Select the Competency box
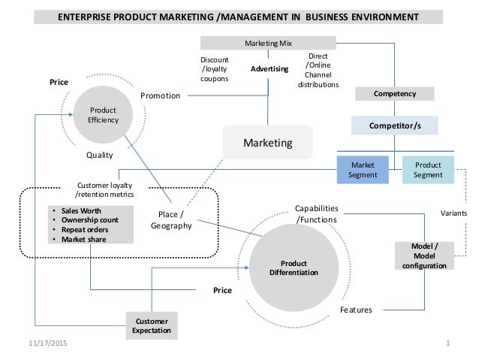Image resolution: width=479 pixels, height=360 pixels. [x=405, y=93]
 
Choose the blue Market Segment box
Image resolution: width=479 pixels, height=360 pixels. [x=363, y=171]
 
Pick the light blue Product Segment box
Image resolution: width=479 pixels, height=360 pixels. [x=429, y=171]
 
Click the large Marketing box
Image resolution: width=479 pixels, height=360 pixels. [x=268, y=141]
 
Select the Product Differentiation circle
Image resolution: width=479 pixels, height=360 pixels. [x=294, y=268]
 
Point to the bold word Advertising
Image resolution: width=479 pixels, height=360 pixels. [x=270, y=69]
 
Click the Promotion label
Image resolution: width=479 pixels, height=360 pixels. [x=161, y=96]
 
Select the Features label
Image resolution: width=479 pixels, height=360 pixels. [x=356, y=309]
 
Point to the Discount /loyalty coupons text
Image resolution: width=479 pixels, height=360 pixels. [x=214, y=70]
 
